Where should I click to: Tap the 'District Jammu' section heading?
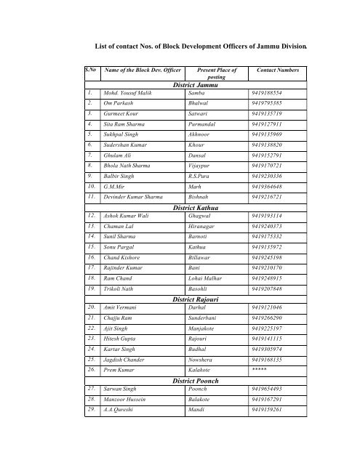point(201,86)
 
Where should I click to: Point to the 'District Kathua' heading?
point(201,208)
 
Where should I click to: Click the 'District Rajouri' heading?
point(201,299)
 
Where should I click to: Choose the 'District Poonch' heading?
point(201,380)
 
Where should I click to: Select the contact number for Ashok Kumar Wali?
point(272,217)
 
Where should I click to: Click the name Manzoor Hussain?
point(123,400)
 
